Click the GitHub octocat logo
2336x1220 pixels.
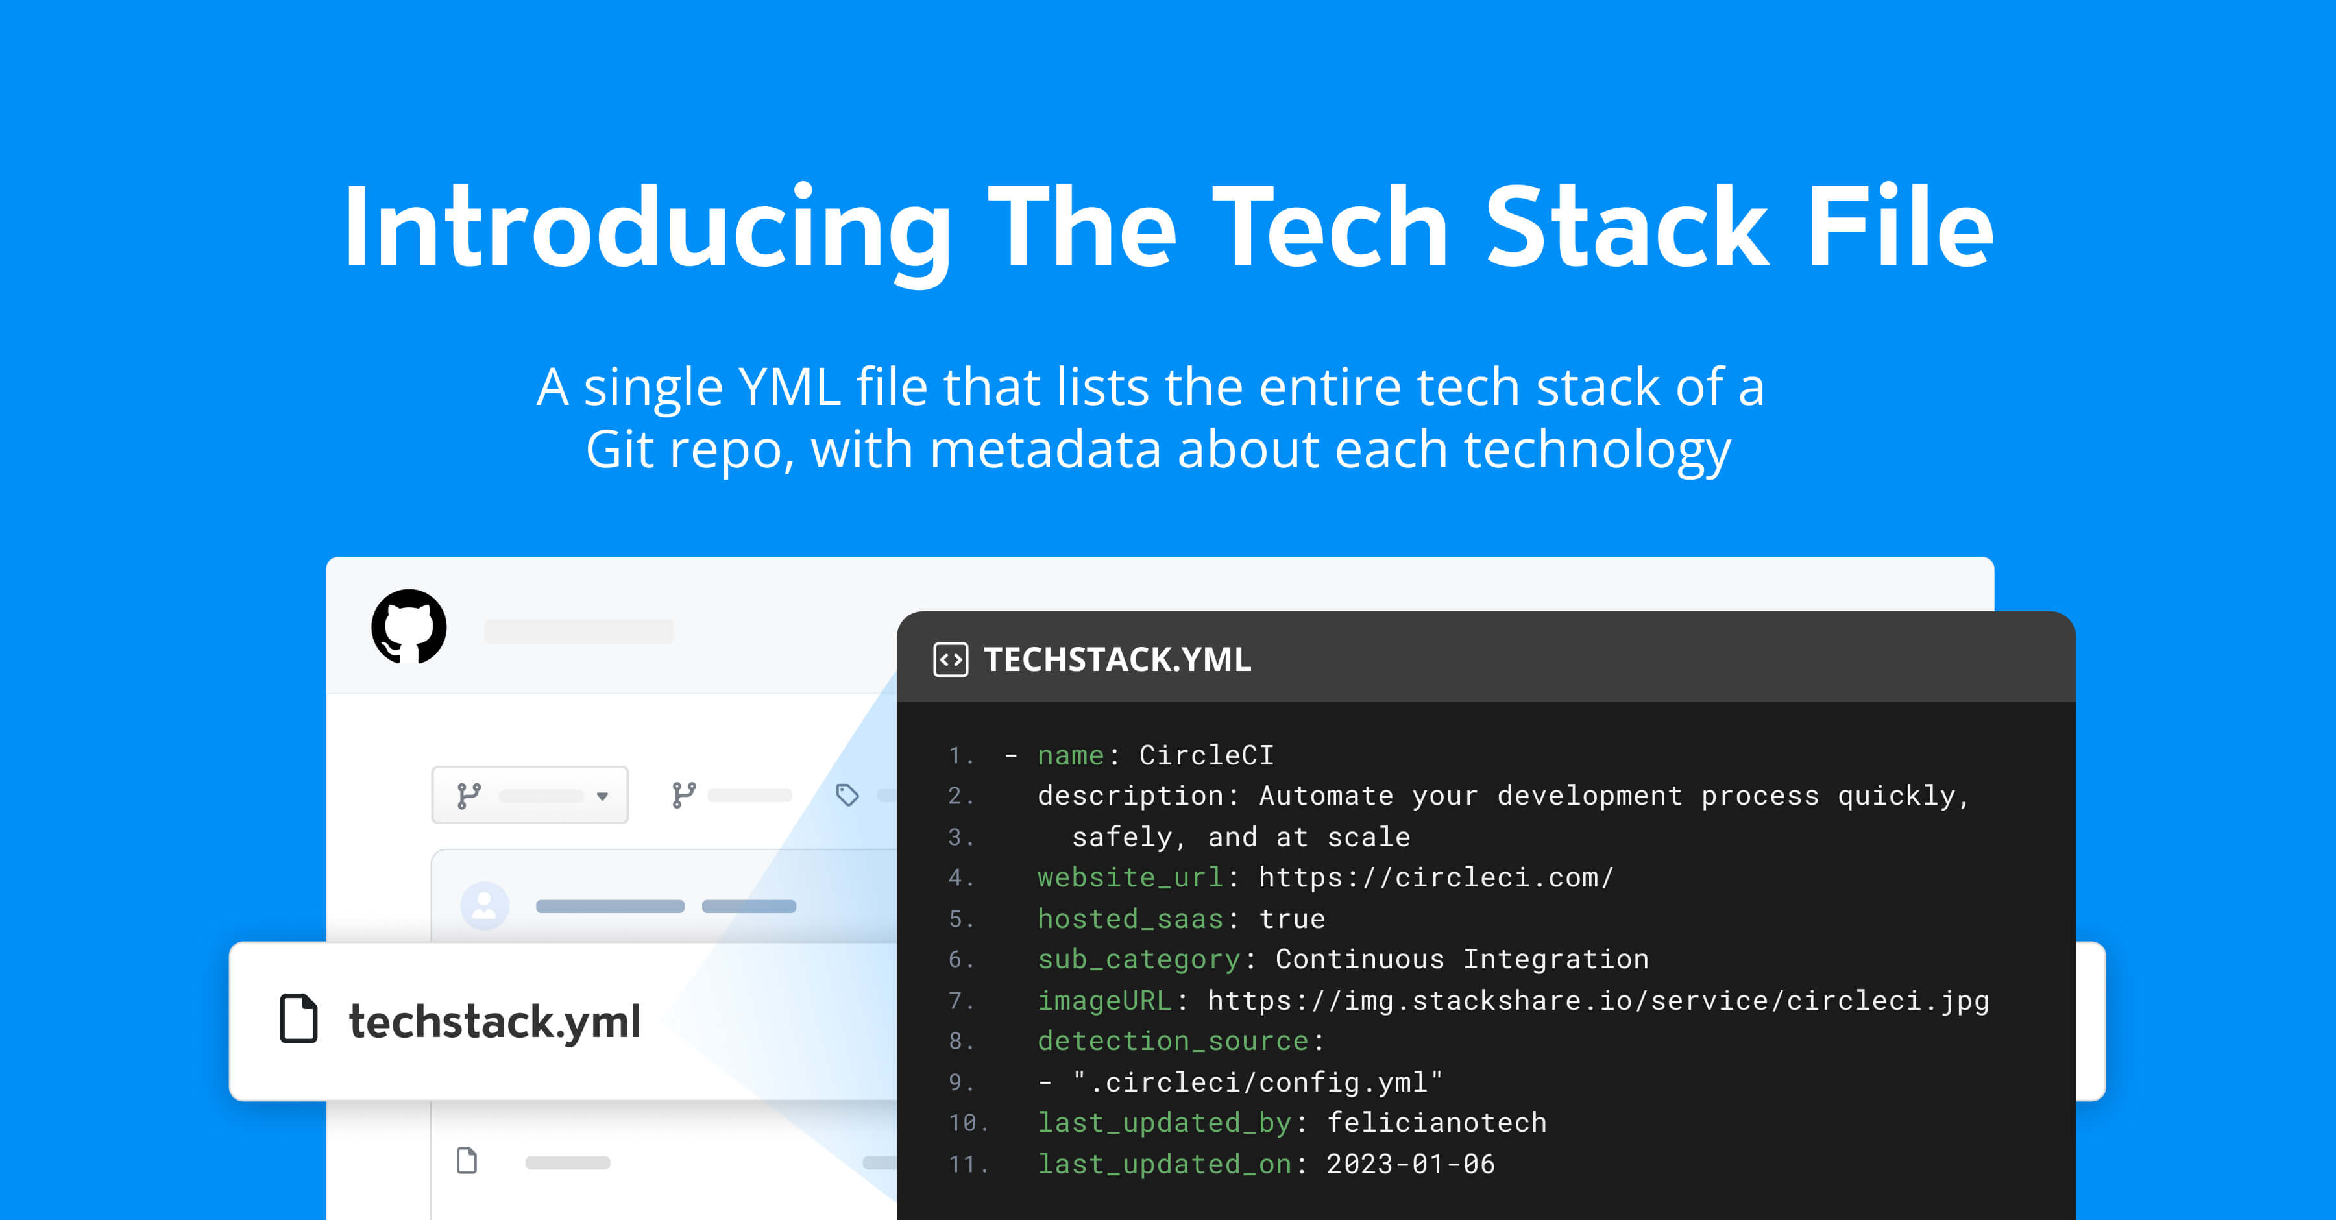409,627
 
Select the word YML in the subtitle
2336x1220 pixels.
790,387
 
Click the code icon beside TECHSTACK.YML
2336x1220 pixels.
951,659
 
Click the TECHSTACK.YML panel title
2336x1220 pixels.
1117,659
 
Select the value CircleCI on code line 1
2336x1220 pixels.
1206,755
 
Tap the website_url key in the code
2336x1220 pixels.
1130,878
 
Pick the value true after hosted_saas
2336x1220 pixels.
1292,919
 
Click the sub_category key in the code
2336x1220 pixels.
1139,960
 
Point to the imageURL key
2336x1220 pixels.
1104,1001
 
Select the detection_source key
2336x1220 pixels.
1173,1042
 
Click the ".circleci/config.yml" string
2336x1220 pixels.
1258,1082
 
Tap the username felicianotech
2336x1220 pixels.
1437,1123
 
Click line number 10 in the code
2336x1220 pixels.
962,1123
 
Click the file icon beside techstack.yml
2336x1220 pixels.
298,1019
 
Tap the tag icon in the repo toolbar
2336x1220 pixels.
847,796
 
